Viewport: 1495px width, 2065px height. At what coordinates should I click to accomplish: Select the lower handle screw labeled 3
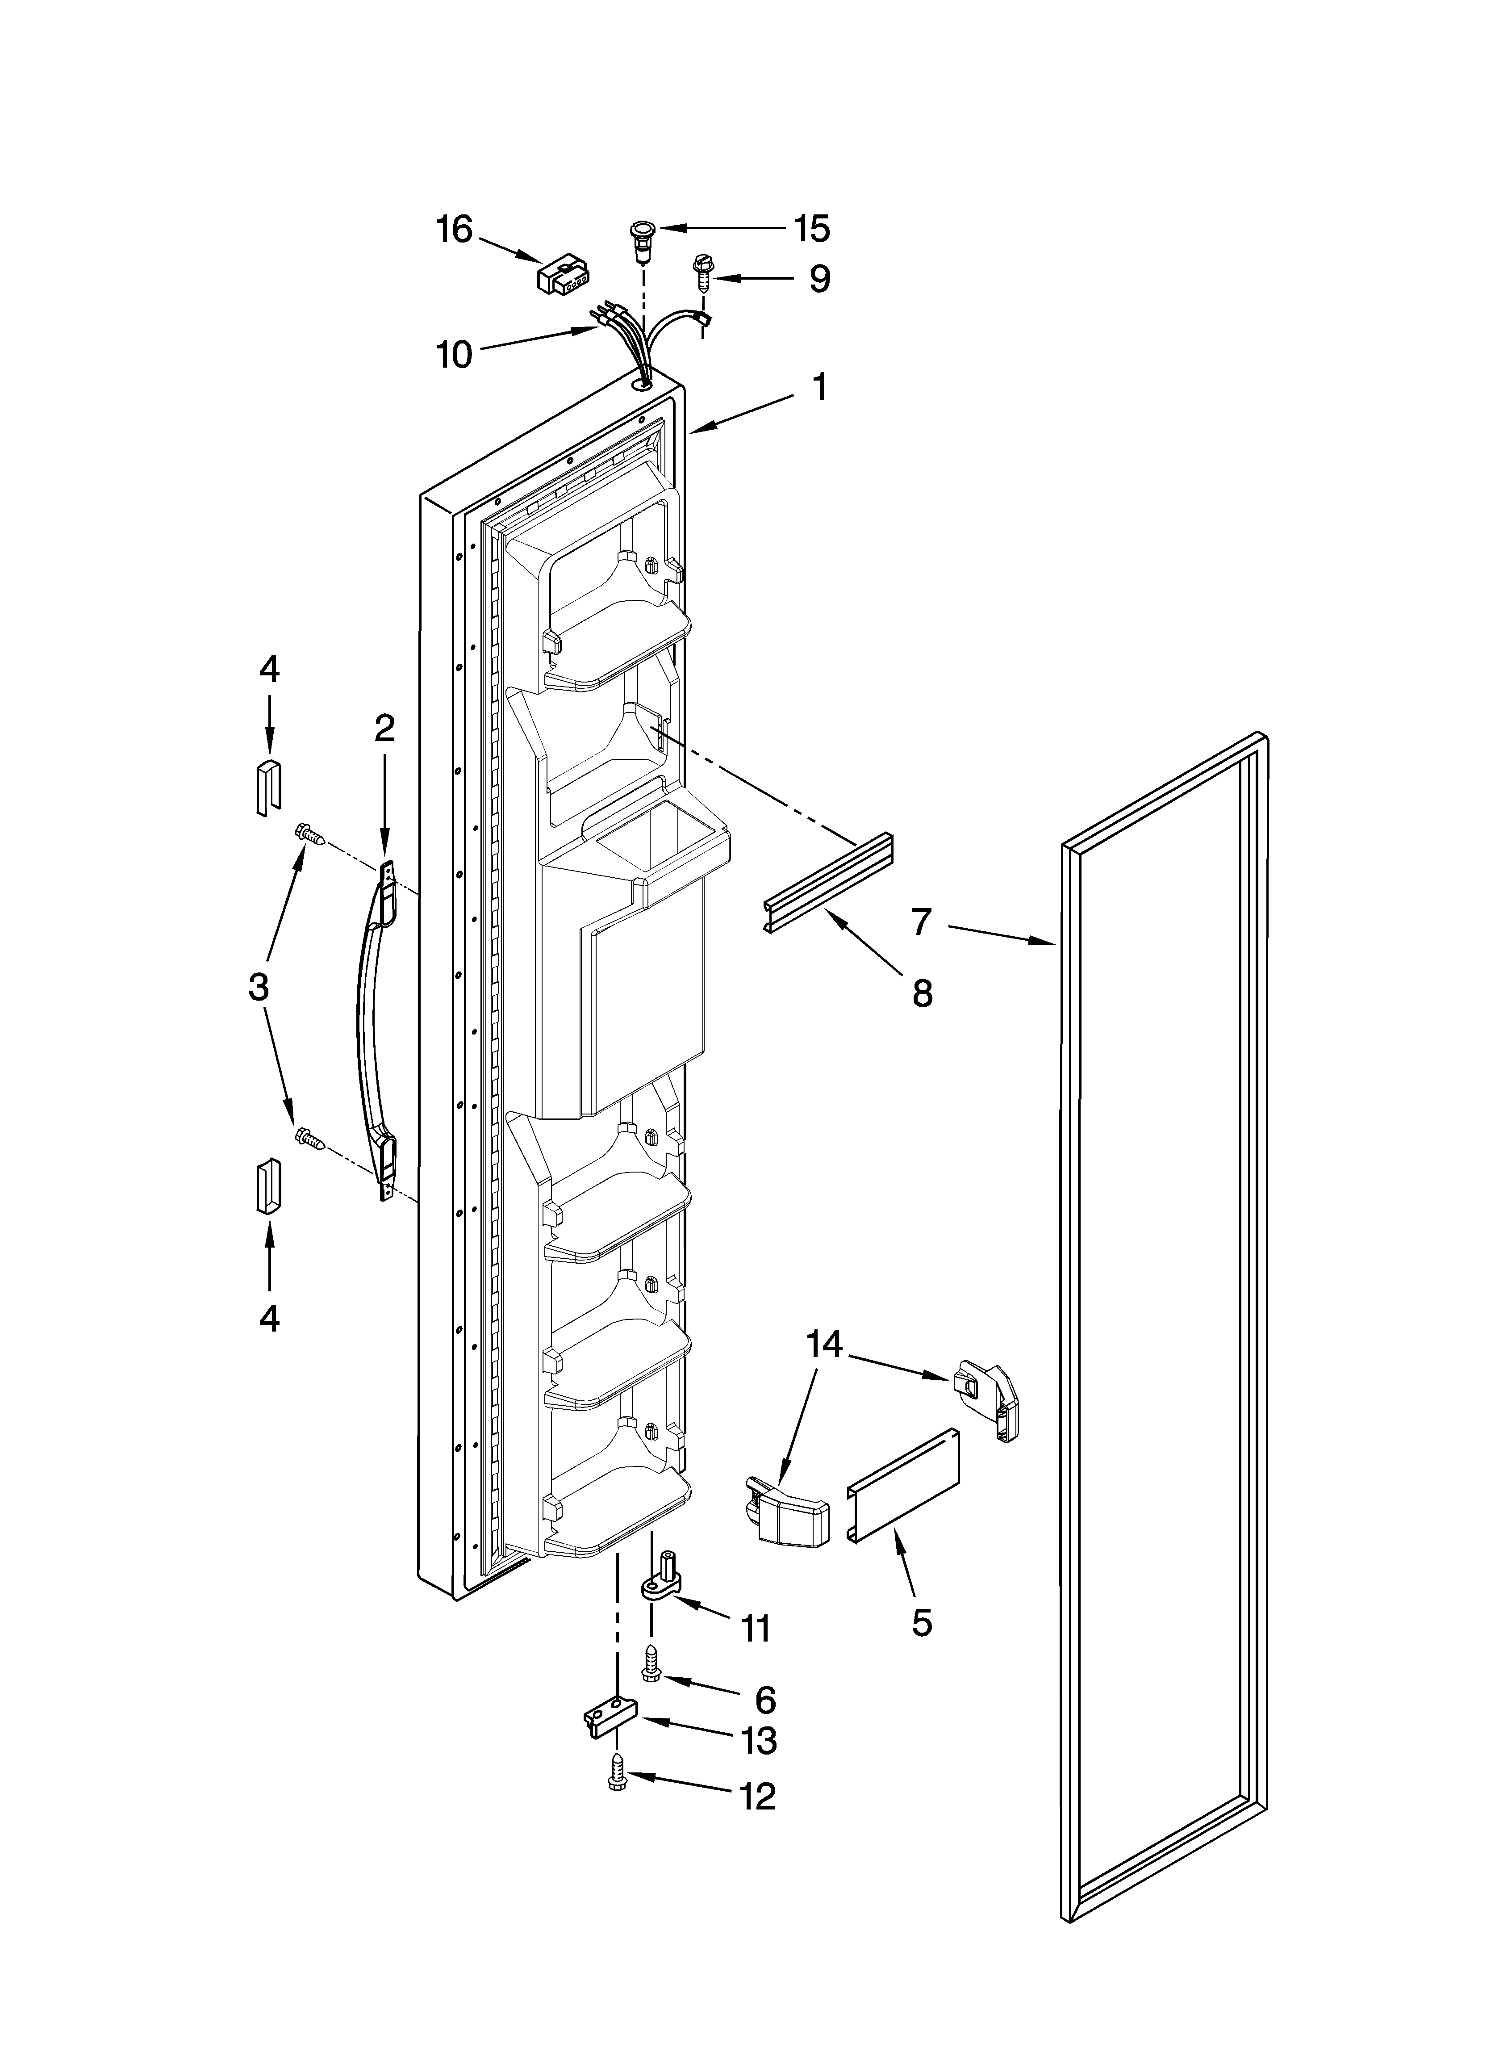click(309, 1137)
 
